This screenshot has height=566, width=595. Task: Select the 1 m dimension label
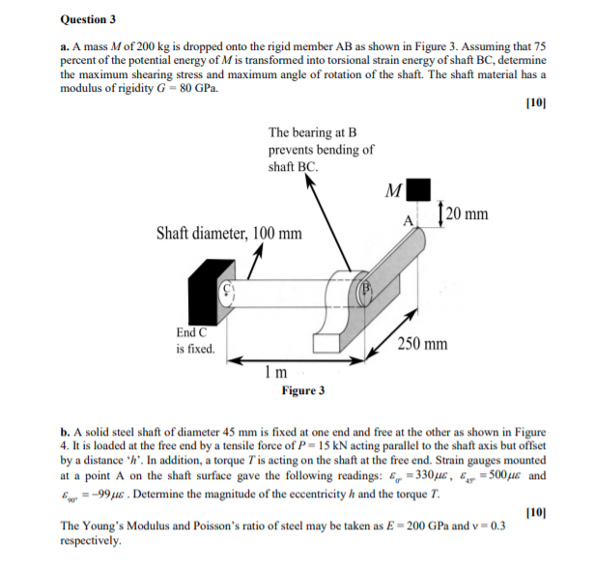[274, 372]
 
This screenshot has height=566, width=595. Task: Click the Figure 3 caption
[302, 390]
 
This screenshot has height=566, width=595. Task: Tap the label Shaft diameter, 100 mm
[228, 234]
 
